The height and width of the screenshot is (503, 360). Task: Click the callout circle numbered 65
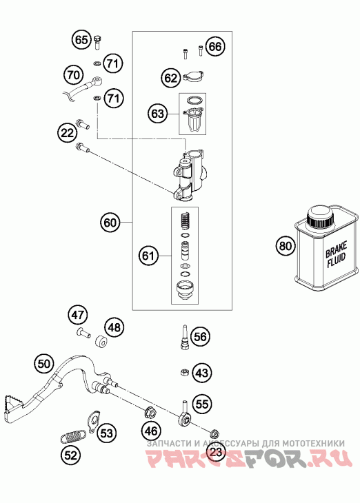[81, 40]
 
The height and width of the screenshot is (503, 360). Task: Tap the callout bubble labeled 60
[110, 223]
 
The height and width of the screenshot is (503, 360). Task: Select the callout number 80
[286, 246]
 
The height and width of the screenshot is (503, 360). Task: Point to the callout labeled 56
[201, 337]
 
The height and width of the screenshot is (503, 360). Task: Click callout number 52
[71, 455]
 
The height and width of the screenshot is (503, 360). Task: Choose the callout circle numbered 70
[74, 75]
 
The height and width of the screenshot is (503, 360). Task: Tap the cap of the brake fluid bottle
[320, 217]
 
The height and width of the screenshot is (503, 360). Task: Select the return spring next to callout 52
[73, 436]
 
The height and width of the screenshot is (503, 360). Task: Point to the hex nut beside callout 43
[184, 373]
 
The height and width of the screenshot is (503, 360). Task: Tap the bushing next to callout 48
[101, 342]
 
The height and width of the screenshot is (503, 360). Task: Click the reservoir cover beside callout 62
[194, 76]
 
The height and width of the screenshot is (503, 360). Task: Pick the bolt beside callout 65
[97, 42]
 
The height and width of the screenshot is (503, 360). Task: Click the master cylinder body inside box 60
[188, 176]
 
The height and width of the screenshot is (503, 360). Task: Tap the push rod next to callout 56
[184, 338]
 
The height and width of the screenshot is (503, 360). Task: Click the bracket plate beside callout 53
[94, 421]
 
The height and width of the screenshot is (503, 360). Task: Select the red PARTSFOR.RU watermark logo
[248, 458]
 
